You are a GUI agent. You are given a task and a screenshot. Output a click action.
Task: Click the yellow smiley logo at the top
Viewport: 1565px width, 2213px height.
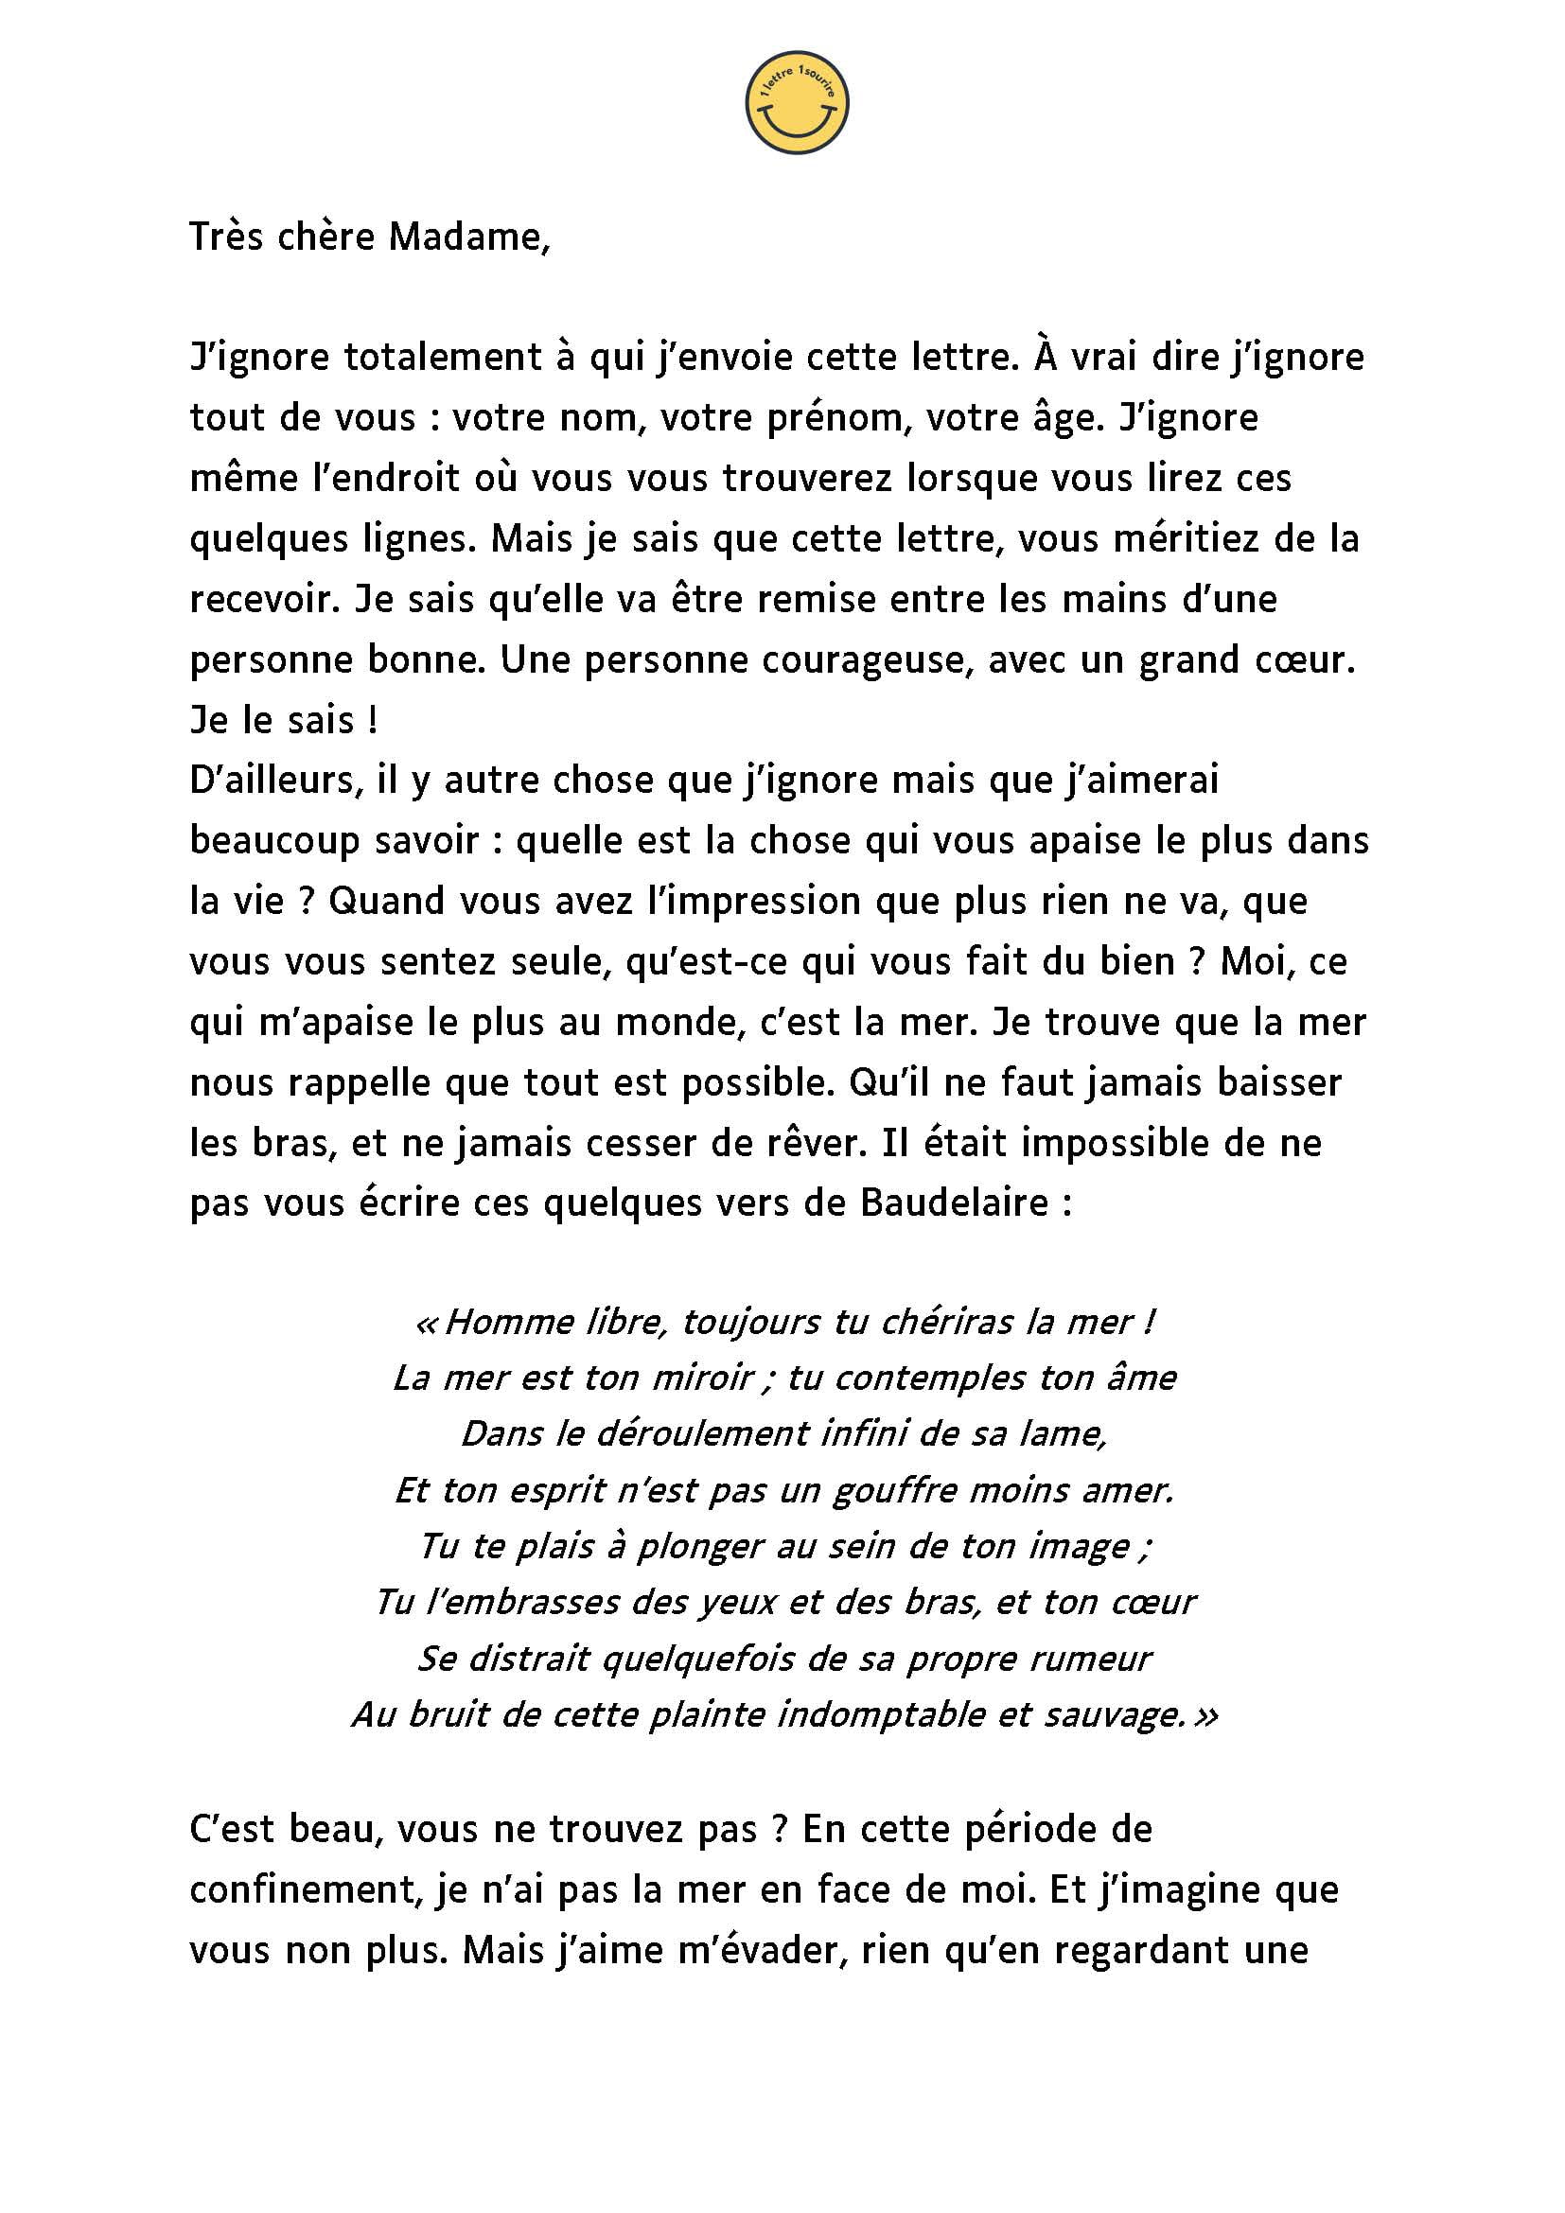pyautogui.click(x=796, y=102)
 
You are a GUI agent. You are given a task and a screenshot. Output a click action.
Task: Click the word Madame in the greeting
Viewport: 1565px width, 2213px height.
pyautogui.click(x=468, y=237)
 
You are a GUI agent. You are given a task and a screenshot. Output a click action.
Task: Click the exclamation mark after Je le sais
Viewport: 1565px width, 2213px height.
pyautogui.click(x=372, y=721)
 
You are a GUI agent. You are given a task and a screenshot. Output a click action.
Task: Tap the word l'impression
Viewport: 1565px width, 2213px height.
pyautogui.click(x=754, y=903)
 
